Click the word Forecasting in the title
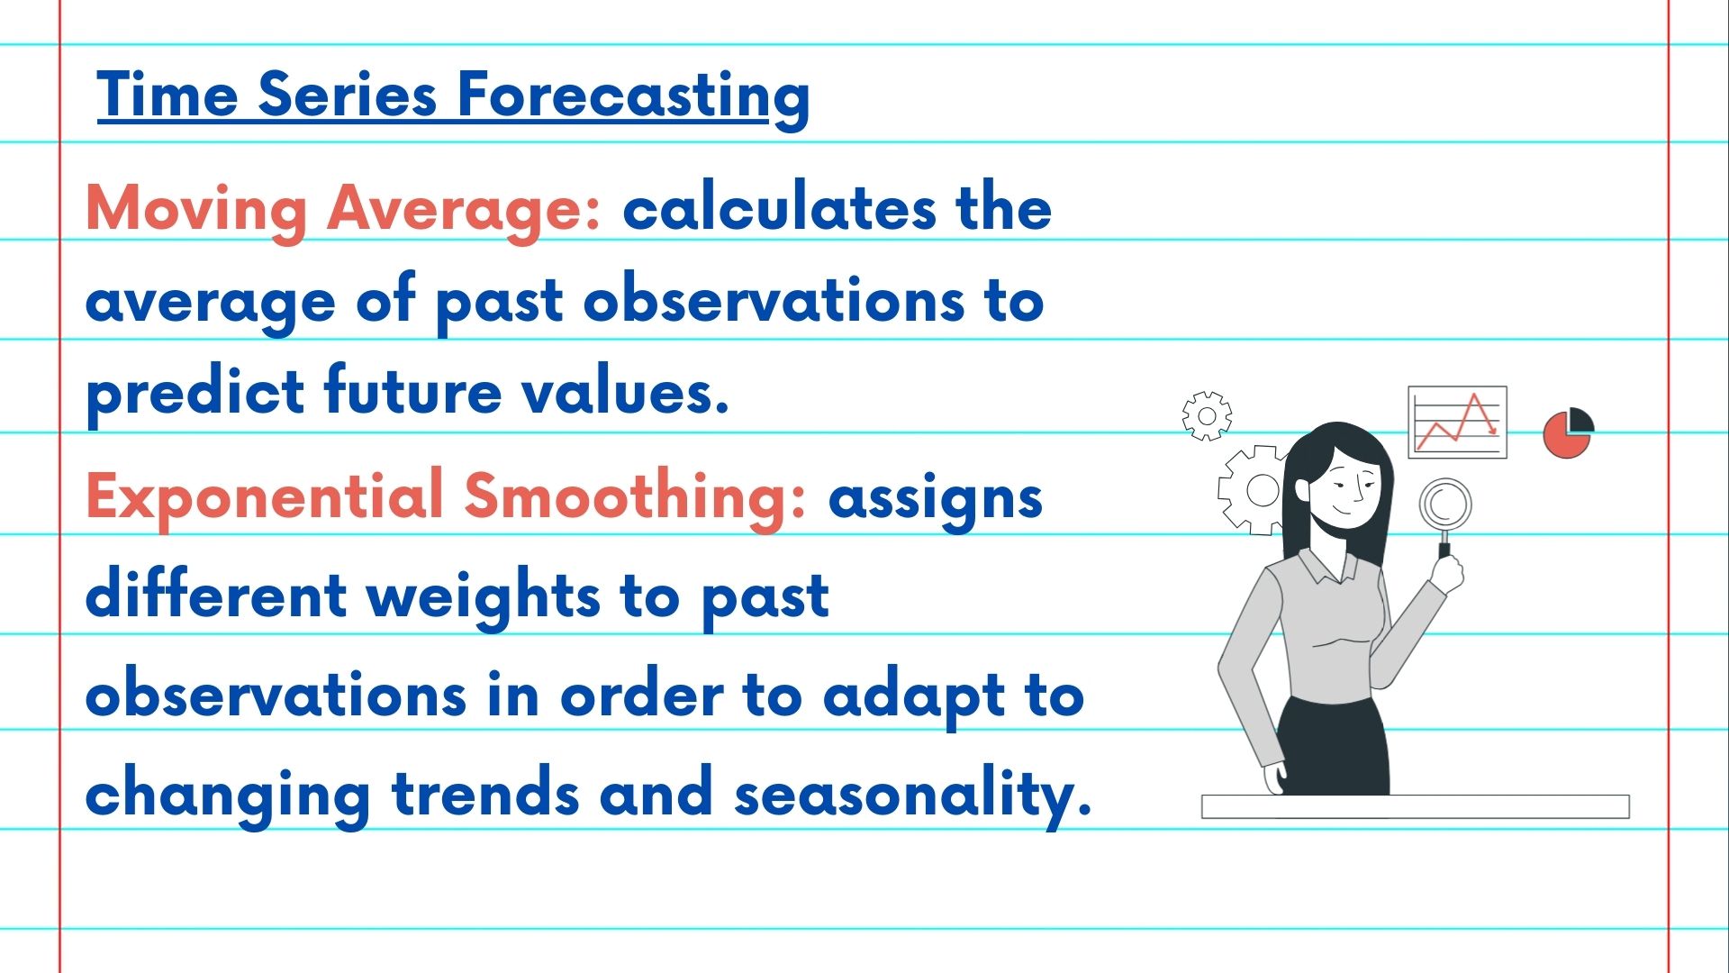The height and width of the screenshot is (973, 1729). [634, 98]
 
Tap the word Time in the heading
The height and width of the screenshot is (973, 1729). [167, 94]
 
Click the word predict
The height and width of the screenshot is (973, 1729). [195, 393]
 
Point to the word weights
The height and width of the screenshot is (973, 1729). [484, 597]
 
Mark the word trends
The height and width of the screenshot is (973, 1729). [484, 792]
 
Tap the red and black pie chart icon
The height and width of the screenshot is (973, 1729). [1568, 432]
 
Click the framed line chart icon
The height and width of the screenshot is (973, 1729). [1457, 422]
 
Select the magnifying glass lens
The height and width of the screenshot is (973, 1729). [1444, 505]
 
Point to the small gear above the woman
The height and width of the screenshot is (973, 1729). [1207, 416]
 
